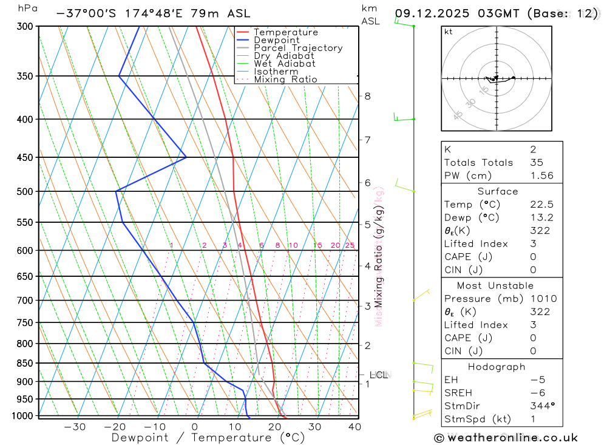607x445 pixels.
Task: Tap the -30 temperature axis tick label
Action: [75, 427]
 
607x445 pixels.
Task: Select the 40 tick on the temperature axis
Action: [354, 427]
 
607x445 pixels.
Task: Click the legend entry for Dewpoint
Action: [277, 40]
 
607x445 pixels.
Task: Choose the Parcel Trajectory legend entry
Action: [298, 48]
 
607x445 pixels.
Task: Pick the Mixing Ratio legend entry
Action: [285, 79]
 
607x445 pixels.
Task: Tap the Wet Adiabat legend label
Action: [285, 64]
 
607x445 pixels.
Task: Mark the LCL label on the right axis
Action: [379, 375]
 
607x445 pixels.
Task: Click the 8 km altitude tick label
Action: [368, 96]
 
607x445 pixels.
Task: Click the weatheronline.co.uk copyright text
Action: [506, 438]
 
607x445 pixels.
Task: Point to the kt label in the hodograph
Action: [448, 32]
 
